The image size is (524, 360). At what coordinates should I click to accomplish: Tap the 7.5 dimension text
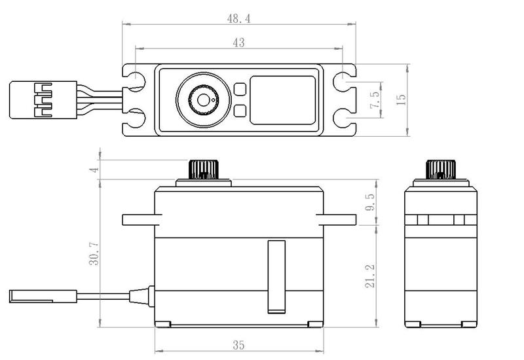pyautogui.click(x=375, y=101)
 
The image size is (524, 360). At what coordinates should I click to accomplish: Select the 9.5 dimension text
pyautogui.click(x=371, y=201)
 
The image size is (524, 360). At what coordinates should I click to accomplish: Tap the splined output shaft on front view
pyautogui.click(x=203, y=169)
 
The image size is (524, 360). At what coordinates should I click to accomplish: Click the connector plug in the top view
pyautogui.click(x=31, y=100)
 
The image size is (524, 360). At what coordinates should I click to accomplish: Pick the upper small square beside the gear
pyautogui.click(x=240, y=89)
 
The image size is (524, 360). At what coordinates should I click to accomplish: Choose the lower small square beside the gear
pyautogui.click(x=240, y=111)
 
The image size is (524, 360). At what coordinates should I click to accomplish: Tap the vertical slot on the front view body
pyautogui.click(x=276, y=275)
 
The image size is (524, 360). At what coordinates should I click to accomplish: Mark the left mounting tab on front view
pyautogui.click(x=138, y=218)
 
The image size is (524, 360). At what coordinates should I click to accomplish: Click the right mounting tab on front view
pyautogui.click(x=334, y=218)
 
